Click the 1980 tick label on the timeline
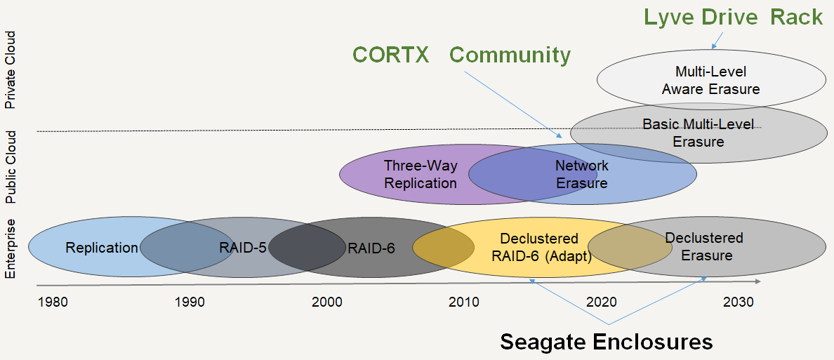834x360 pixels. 53,302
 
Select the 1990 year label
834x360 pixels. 190,302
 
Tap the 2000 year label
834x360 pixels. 327,302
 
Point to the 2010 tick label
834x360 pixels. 464,302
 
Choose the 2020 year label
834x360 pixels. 601,302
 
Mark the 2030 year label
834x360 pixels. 738,302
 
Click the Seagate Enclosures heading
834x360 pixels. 606,342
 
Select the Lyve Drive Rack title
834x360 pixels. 734,17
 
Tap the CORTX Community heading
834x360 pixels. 461,55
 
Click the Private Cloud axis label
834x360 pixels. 11,79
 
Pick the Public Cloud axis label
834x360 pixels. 11,166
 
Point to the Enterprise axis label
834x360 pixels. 11,248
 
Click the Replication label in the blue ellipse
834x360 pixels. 102,248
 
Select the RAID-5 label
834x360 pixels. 242,248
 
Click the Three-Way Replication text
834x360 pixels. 421,175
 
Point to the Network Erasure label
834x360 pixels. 582,175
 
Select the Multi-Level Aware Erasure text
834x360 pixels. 710,81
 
